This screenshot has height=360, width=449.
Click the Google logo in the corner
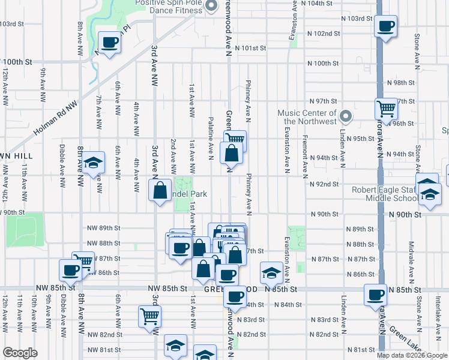point(20,353)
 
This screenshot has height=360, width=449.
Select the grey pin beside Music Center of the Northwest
point(345,116)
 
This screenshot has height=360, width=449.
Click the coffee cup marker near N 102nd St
point(385,26)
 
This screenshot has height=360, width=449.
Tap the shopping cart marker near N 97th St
point(386,109)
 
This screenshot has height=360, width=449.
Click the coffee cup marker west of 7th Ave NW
point(109,42)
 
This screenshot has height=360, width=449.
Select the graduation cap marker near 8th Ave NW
point(93,163)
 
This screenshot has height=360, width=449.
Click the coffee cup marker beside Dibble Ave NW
point(70,270)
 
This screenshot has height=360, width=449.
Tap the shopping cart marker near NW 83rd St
point(149,315)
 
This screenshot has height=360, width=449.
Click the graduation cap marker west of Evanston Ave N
point(271,272)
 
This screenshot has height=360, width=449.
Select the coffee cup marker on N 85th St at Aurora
point(376,295)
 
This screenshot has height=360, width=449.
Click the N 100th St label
point(323,63)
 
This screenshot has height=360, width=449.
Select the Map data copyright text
point(412,355)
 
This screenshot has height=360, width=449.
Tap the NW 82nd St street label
point(104,334)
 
